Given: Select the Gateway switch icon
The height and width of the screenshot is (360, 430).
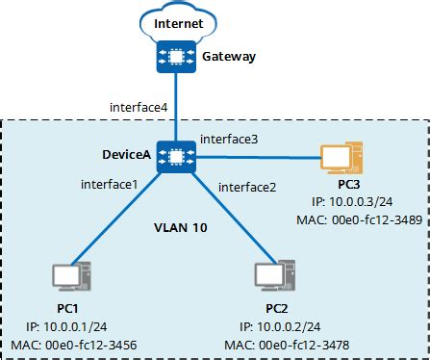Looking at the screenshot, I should pos(176,57).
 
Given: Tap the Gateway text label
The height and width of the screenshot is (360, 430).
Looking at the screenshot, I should pos(229,57).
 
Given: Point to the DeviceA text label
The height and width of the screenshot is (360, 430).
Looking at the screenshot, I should pos(125,155).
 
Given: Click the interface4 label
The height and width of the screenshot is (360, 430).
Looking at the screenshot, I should pos(141,108).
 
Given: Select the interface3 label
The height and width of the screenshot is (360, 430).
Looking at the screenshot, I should pos(229,140).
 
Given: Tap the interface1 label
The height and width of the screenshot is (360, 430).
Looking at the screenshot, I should pos(110,183).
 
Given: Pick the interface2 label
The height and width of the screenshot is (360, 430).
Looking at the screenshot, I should pos(248,187).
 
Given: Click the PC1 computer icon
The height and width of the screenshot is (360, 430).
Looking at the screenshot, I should pos(70,277).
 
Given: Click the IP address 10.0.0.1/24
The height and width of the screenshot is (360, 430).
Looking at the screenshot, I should pos(63,328).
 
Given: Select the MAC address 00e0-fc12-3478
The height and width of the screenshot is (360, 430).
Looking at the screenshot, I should pos(277,345).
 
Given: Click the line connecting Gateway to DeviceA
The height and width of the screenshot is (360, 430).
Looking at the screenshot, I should pos(176,106).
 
